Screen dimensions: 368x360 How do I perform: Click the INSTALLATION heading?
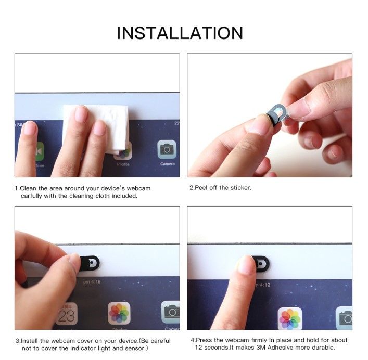tap(180, 33)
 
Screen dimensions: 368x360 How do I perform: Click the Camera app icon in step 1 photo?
tap(167, 149)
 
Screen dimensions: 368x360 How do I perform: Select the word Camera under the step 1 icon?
tap(167, 164)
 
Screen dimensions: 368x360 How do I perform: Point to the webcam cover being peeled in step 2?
tap(277, 114)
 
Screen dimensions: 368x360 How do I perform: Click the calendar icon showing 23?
tap(67, 314)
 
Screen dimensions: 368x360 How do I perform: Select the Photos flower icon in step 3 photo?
tap(119, 313)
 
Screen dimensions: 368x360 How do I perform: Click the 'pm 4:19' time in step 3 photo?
tap(92, 281)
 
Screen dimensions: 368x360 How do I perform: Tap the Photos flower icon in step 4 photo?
tap(290, 319)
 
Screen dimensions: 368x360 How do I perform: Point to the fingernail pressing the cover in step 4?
tap(246, 264)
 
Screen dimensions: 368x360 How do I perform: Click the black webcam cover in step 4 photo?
tap(262, 264)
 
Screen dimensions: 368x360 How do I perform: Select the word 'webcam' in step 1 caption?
tap(138, 188)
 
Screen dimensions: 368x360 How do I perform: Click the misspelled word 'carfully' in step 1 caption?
tap(31, 196)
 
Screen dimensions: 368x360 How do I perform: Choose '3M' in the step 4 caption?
tap(261, 348)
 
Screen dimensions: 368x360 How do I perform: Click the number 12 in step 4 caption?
tap(199, 348)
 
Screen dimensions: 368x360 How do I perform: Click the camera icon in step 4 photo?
tap(344, 318)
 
